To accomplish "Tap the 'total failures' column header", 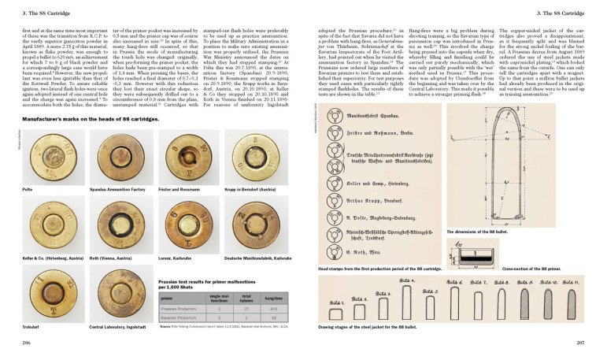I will point(245,299).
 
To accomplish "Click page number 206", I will point(26,343).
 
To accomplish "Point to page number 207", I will point(579,343).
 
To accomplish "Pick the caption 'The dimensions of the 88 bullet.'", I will point(478,232).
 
